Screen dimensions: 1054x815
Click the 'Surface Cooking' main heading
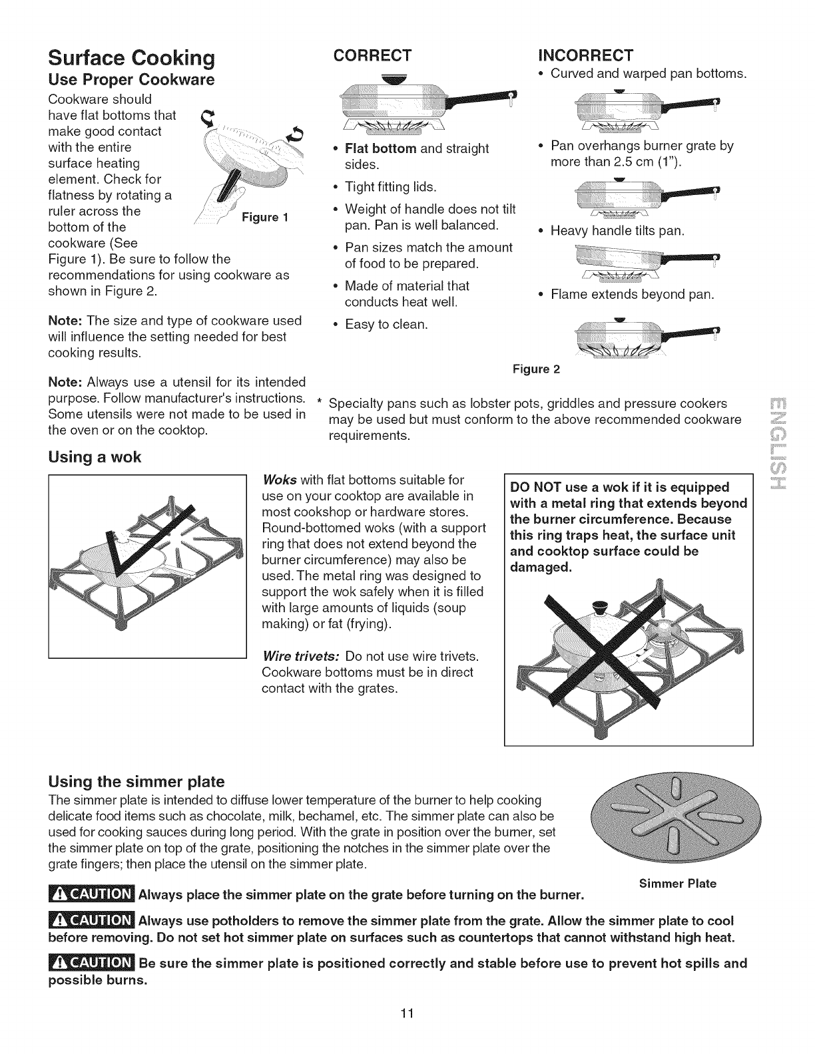tap(131, 59)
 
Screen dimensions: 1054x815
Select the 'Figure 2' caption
tap(537, 369)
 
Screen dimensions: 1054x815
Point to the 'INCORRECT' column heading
tap(585, 54)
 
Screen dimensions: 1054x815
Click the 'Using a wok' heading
tap(95, 457)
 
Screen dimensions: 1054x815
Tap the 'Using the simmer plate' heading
tap(136, 781)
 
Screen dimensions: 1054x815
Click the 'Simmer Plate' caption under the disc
tap(677, 884)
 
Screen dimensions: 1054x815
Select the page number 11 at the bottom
tap(408, 1032)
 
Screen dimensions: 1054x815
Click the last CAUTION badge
tap(93, 963)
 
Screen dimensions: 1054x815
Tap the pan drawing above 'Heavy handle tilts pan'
tap(645, 198)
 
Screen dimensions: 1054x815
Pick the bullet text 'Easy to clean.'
tap(386, 325)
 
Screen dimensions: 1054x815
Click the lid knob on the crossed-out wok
tap(600, 606)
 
